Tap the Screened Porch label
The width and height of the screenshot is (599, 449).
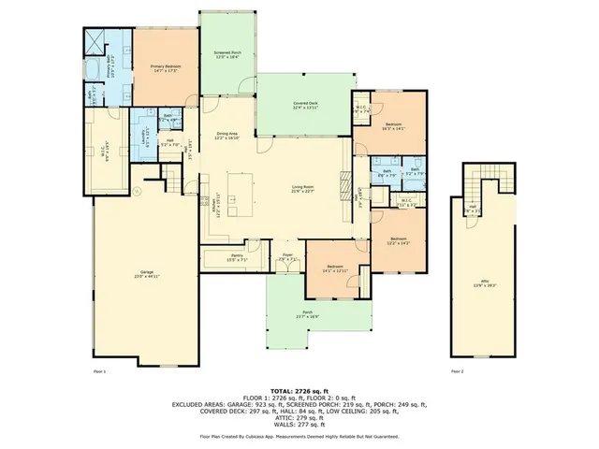point(227,54)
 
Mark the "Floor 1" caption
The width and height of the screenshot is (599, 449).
point(100,371)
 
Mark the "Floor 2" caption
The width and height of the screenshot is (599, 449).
point(457,371)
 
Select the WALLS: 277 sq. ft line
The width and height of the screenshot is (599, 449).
point(299,425)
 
